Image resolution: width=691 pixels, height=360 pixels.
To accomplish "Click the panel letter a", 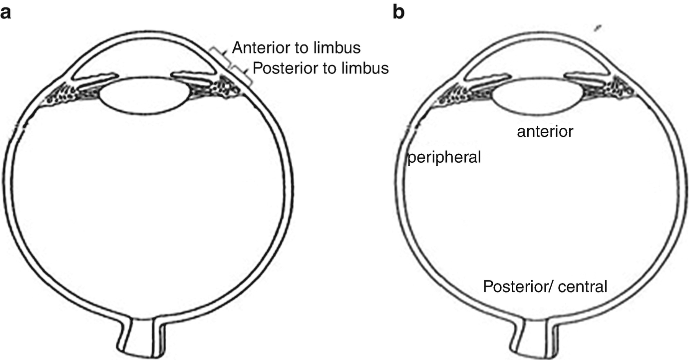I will click(5, 12).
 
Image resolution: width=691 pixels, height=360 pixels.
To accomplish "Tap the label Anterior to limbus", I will click(297, 48).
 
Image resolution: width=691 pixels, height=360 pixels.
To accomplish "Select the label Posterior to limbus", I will click(321, 67).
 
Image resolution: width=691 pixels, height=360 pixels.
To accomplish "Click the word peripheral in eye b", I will click(444, 157).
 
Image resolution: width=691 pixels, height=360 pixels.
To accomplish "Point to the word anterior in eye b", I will click(545, 132).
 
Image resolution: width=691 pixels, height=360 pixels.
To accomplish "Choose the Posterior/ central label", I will click(545, 287).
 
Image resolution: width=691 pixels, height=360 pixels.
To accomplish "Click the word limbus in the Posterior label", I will click(364, 67).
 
